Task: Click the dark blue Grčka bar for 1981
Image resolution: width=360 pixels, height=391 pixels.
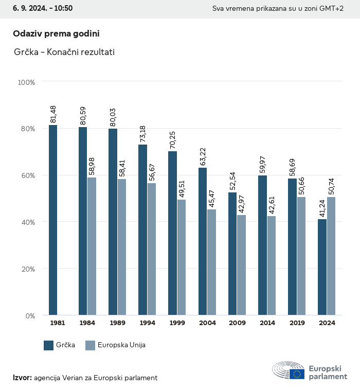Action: [x=53, y=220]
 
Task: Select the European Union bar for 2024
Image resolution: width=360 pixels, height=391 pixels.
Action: [x=331, y=256]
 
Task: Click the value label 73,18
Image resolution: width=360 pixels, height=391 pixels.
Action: [x=142, y=133]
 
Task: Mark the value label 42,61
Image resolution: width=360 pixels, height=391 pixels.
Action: [x=272, y=205]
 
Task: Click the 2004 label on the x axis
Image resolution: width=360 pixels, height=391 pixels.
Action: [x=207, y=323]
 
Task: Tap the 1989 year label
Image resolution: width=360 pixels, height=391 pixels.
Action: [x=117, y=323]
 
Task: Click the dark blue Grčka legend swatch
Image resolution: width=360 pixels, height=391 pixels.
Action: [x=49, y=345]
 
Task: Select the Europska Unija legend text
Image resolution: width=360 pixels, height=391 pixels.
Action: [x=122, y=345]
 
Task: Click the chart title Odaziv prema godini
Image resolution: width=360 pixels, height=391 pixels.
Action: [x=56, y=33]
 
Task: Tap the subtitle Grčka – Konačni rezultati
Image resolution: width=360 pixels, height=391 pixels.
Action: [x=64, y=52]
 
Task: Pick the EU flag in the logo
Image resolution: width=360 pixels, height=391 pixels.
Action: [x=296, y=374]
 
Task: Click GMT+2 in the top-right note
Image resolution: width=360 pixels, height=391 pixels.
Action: [x=332, y=9]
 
